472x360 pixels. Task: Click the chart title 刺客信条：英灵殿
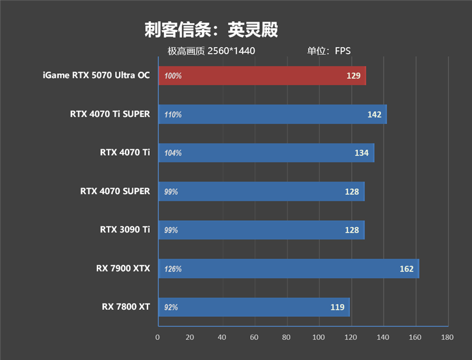[211, 30]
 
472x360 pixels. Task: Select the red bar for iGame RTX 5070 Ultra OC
[262, 76]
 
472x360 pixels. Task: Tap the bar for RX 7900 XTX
[288, 269]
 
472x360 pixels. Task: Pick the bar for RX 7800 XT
[254, 307]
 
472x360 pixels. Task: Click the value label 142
[374, 114]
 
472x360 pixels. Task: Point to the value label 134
[362, 153]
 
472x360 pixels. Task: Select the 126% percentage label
[173, 269]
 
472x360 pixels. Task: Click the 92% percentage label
[171, 307]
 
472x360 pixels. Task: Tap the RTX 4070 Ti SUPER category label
[110, 114]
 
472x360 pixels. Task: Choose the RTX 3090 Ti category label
[125, 230]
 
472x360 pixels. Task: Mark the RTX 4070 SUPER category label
[115, 191]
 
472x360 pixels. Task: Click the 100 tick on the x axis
[319, 338]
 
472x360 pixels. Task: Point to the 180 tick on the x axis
[447, 338]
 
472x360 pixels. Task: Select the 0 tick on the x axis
[158, 338]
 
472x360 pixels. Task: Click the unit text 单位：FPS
[329, 51]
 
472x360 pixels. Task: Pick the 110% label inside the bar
[173, 114]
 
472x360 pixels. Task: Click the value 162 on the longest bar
[407, 269]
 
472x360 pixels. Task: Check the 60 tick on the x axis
[254, 338]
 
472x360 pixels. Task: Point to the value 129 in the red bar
[353, 76]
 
